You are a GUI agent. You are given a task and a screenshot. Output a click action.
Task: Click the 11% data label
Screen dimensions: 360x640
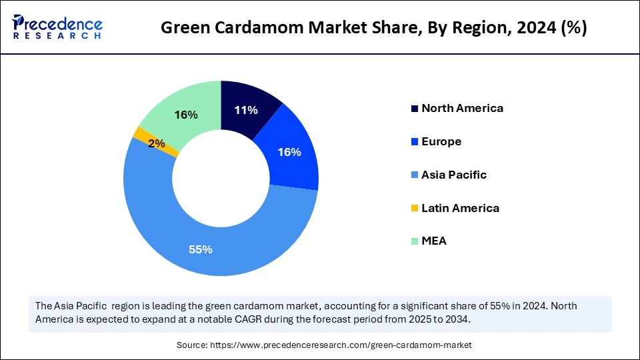246,111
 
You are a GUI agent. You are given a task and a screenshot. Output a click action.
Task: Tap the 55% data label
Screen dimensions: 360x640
200,249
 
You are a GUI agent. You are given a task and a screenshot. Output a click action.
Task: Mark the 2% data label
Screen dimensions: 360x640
157,143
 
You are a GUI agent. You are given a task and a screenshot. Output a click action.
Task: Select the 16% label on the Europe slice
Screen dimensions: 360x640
289,152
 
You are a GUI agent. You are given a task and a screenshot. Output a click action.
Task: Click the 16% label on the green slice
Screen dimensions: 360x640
186,115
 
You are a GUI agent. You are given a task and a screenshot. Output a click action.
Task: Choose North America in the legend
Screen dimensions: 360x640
462,108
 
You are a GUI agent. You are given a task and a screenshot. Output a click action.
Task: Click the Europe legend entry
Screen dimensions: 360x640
441,141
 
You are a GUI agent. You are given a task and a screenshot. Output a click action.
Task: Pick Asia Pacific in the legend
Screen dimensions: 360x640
454,175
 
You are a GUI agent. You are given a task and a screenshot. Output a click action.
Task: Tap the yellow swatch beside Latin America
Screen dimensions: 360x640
415,209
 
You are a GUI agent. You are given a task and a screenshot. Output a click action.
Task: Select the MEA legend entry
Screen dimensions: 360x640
434,241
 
